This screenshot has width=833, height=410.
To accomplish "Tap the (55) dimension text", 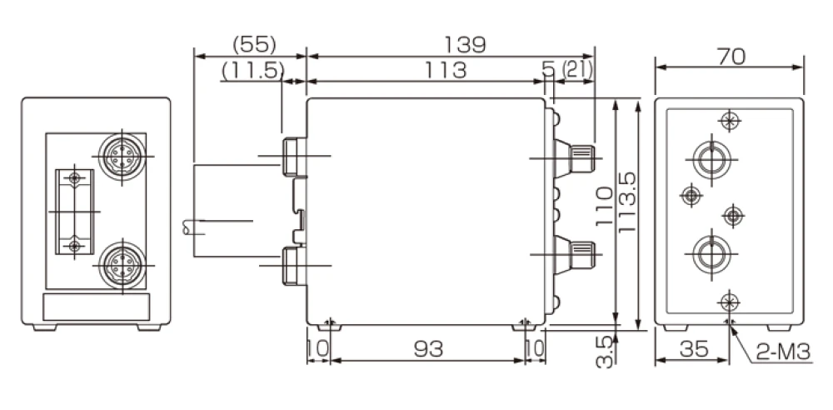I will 254,44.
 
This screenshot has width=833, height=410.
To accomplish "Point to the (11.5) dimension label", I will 253,71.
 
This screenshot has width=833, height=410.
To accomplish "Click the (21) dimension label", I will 577,71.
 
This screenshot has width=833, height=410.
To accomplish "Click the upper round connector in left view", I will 120,153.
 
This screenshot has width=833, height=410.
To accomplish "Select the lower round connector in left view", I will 120,266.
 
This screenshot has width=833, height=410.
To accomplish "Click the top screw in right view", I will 730,121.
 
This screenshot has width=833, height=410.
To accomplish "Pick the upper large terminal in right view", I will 711,157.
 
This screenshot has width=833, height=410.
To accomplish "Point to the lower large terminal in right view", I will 711,252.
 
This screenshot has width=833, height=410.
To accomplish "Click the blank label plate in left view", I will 96,308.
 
